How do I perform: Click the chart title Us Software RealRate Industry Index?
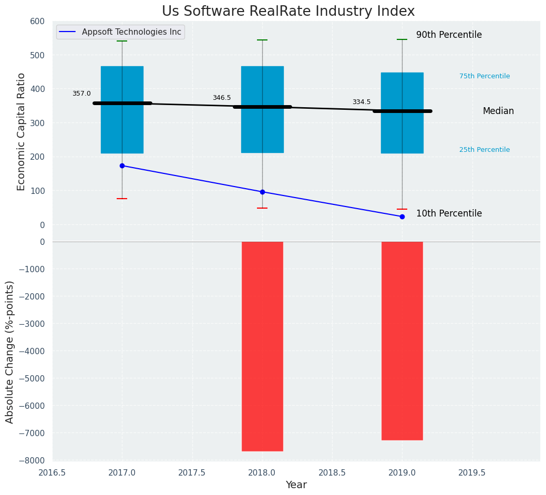coord(288,11)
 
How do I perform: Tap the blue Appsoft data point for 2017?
coord(122,166)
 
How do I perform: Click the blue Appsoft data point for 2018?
coord(262,192)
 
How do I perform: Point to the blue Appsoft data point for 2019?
coord(402,216)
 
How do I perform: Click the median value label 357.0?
coord(81,94)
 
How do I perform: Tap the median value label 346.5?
coord(222,98)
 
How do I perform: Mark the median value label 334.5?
coord(362,102)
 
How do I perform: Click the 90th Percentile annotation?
coord(449,35)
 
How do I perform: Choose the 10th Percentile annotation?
coord(449,213)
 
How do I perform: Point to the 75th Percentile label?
coord(485,76)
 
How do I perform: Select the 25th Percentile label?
coord(485,150)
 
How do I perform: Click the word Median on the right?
coord(498,111)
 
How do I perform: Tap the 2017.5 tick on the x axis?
coord(192,472)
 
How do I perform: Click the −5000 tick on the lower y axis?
coord(32,378)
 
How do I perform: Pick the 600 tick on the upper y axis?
coord(37,21)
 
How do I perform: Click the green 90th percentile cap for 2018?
coord(262,40)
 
